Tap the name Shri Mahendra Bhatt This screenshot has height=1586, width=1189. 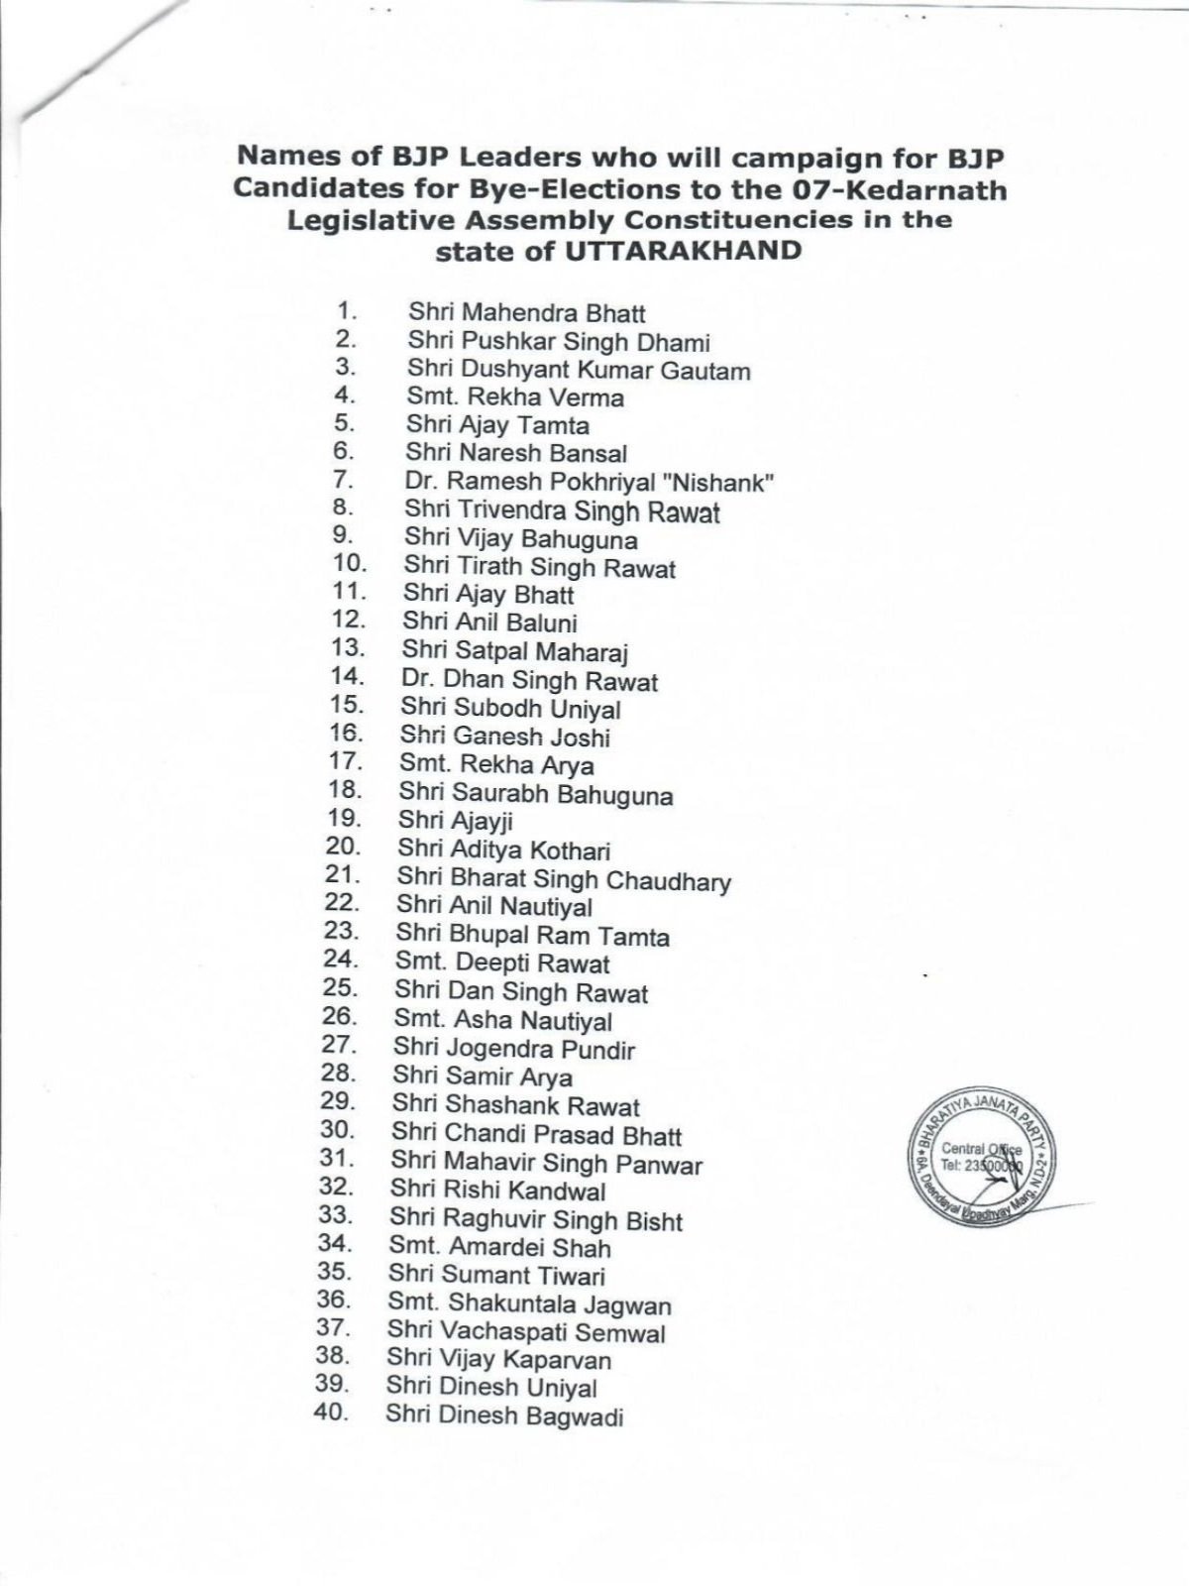pyautogui.click(x=526, y=313)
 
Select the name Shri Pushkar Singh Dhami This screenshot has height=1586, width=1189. pyautogui.click(x=559, y=342)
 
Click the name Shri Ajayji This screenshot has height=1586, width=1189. pyautogui.click(x=455, y=821)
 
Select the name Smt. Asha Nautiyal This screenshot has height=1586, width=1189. pyautogui.click(x=502, y=1020)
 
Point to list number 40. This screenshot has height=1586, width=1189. pyautogui.click(x=331, y=1412)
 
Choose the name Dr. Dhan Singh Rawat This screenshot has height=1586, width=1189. pyautogui.click(x=529, y=681)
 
